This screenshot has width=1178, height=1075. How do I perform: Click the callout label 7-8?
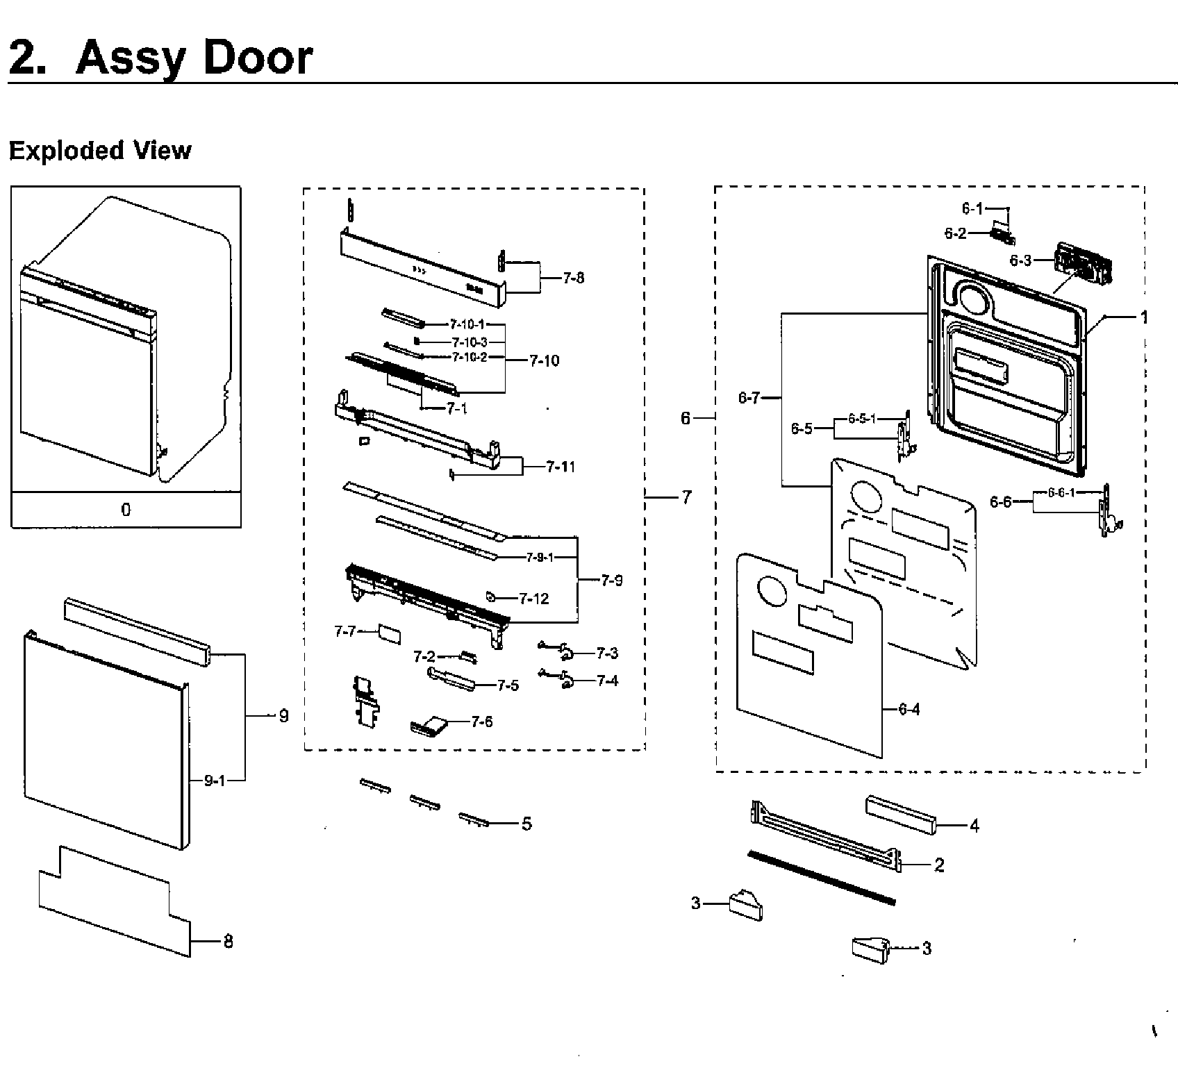tap(573, 278)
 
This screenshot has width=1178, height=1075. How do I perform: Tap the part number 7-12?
tap(533, 599)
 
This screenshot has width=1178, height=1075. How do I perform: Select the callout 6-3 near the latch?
tap(1020, 260)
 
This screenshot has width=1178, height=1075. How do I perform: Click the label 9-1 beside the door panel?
tap(214, 781)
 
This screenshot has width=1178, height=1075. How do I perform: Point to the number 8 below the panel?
tap(228, 942)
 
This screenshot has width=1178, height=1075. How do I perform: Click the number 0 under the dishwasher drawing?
tap(126, 510)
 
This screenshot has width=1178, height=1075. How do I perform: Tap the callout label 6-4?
tap(909, 709)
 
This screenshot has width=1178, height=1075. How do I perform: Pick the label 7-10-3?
tap(469, 342)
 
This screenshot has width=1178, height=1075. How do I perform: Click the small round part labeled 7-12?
tap(490, 596)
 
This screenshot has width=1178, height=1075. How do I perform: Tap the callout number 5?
tap(526, 824)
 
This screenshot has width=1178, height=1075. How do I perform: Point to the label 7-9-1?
tap(540, 557)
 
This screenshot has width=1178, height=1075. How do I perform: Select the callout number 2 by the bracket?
tap(939, 865)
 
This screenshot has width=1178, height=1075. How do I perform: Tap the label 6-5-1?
tap(862, 419)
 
